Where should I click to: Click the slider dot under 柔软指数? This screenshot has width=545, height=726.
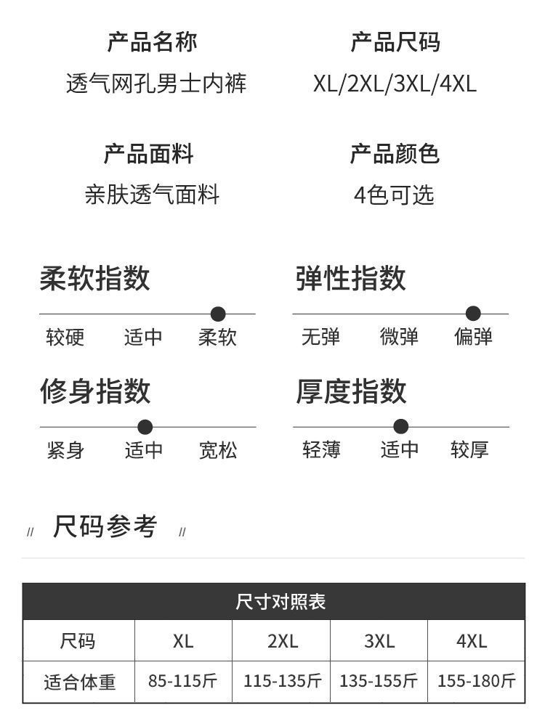click(x=218, y=314)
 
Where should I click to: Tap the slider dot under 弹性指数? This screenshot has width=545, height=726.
click(x=473, y=314)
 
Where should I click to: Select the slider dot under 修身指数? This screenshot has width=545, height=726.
click(x=145, y=427)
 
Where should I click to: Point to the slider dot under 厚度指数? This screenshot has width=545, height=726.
click(x=400, y=427)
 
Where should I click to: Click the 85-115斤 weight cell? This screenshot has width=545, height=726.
click(x=183, y=681)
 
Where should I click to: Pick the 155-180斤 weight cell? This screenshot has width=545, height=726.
click(x=476, y=681)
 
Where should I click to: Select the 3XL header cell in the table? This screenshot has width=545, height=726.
click(x=379, y=641)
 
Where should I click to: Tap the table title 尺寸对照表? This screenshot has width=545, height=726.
click(x=280, y=602)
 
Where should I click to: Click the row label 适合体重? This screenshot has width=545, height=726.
click(x=79, y=682)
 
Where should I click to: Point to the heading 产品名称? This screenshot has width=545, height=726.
click(x=152, y=42)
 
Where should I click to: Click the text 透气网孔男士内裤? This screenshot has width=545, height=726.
click(x=156, y=83)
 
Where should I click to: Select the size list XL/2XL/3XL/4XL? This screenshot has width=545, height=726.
click(x=395, y=83)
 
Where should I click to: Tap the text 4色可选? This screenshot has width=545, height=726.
click(x=394, y=195)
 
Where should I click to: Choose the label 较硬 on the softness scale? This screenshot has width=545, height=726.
click(x=65, y=337)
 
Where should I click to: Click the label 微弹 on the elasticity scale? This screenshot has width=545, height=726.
click(x=399, y=337)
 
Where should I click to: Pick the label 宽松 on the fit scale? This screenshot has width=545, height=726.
click(x=218, y=450)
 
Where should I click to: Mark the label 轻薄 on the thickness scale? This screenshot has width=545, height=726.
click(x=321, y=450)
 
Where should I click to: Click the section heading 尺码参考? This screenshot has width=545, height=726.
click(x=105, y=526)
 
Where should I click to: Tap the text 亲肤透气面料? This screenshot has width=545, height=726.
click(x=152, y=195)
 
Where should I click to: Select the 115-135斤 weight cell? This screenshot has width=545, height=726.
click(x=282, y=681)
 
